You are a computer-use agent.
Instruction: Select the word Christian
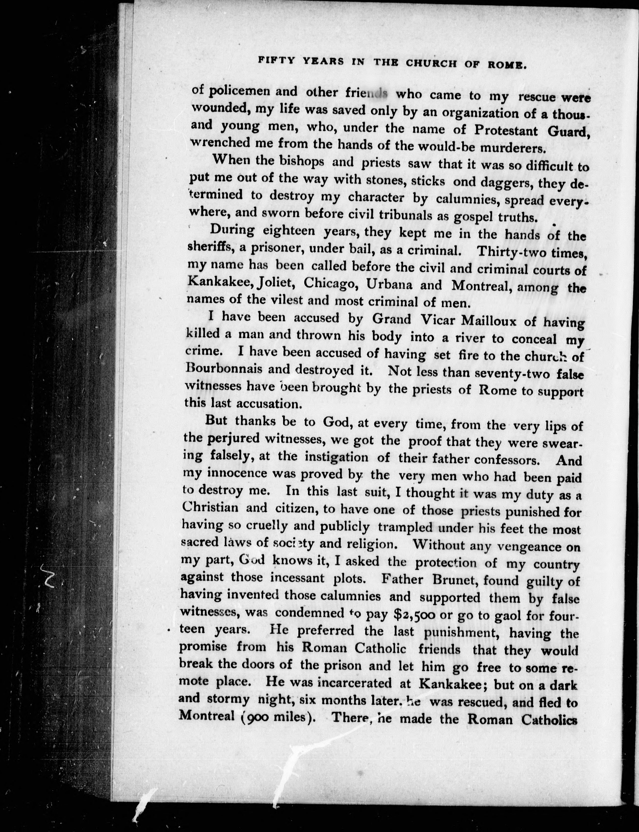[x=210, y=508]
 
